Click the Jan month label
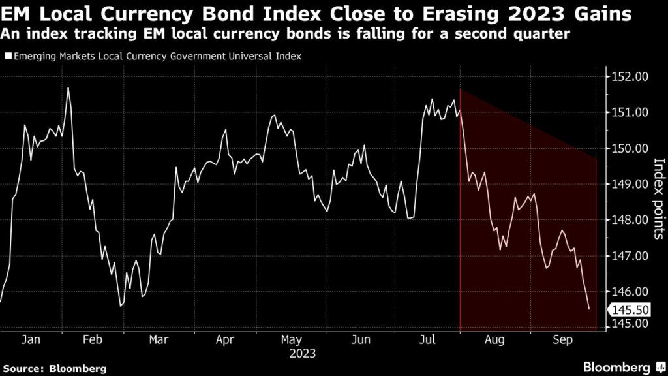[x=31, y=340]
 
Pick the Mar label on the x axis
[x=159, y=340]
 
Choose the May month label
[x=292, y=340]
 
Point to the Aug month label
[x=494, y=340]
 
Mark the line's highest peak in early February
[x=68, y=87]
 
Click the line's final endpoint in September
[x=589, y=309]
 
